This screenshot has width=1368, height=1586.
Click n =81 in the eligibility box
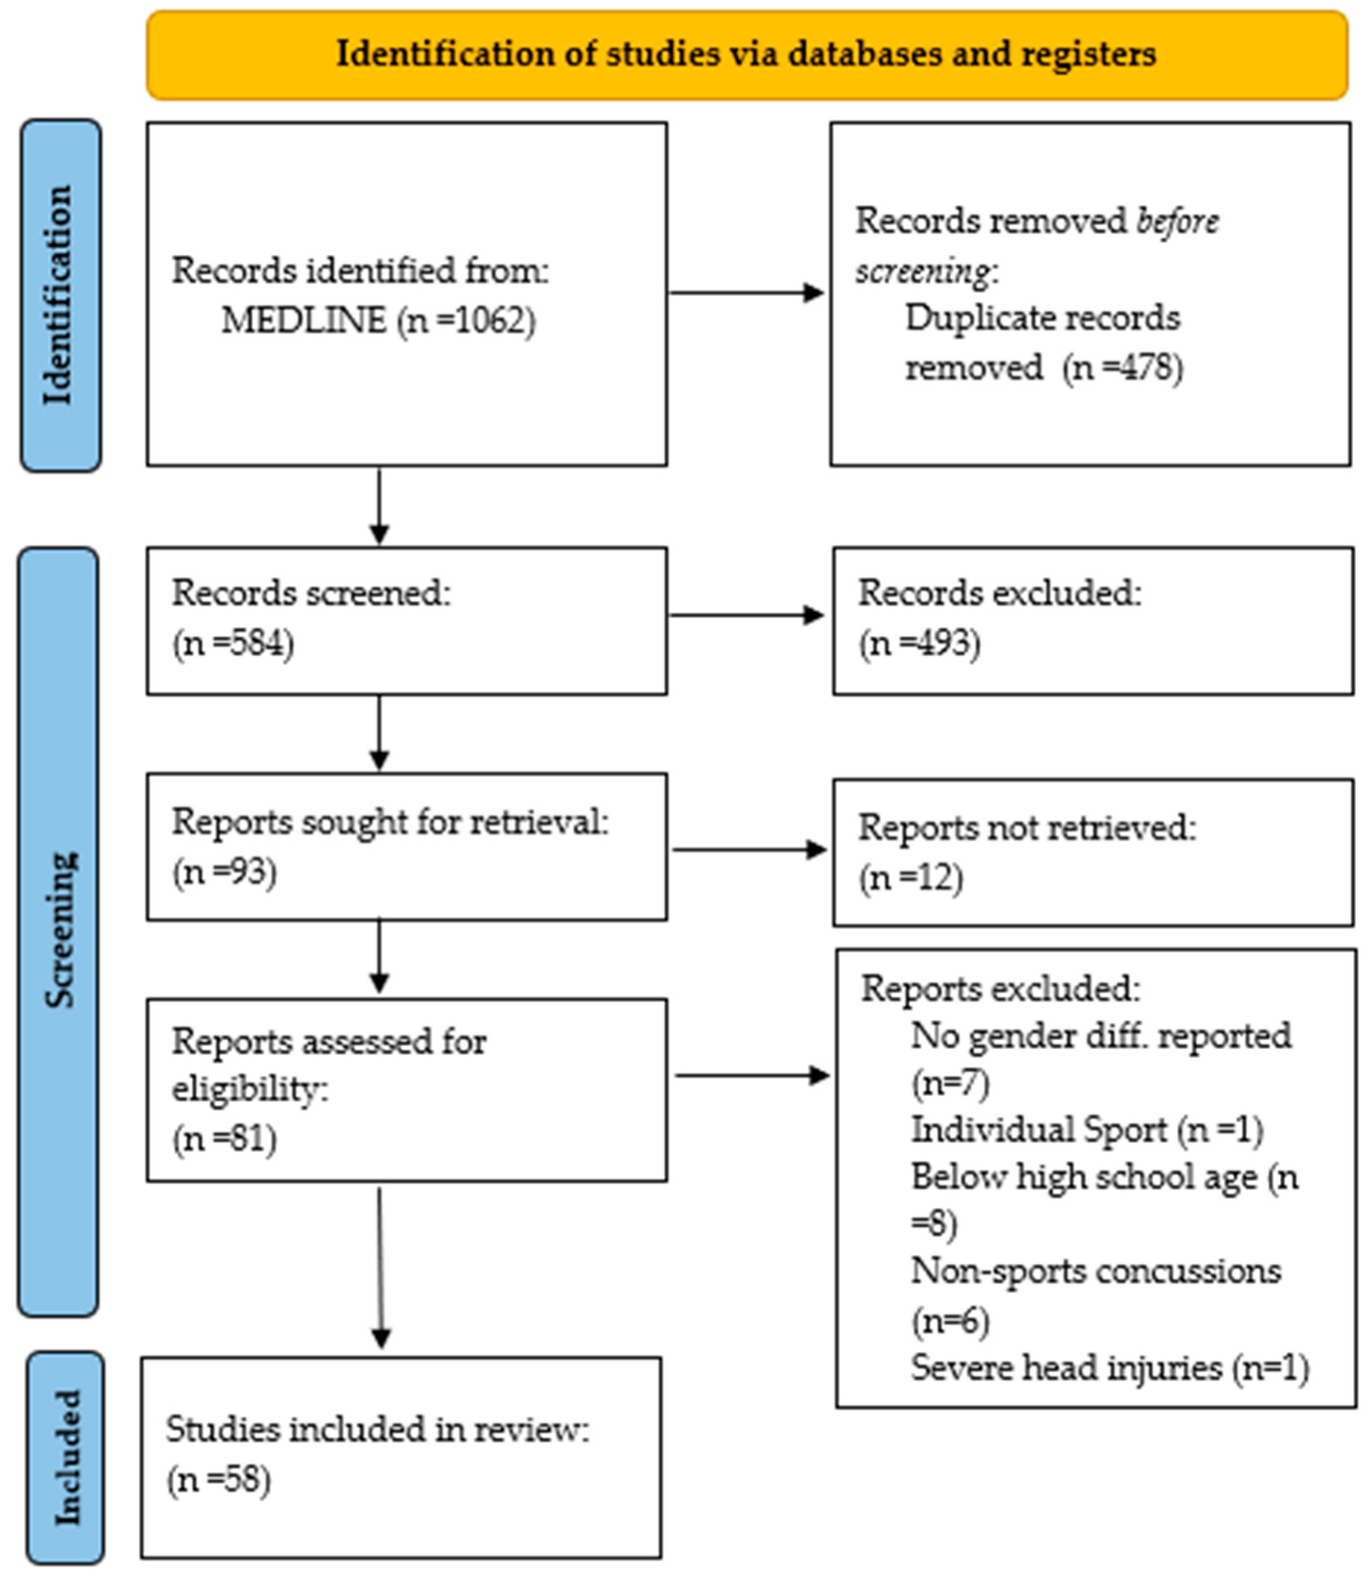point(224,1139)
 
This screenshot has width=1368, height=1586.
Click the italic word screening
point(922,271)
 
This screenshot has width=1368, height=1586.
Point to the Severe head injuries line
point(1109,1368)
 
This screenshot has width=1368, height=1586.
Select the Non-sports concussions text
point(1095,1271)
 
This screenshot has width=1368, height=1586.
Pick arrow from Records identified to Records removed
point(746,293)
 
